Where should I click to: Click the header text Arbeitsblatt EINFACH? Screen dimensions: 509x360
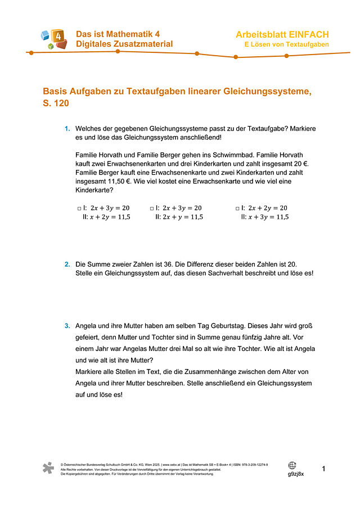[282, 35]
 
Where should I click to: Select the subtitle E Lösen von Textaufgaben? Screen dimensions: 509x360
[286, 44]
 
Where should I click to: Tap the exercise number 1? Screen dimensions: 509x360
[67, 129]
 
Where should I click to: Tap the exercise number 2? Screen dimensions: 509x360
[67, 264]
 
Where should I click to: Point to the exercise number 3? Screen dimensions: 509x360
[67, 325]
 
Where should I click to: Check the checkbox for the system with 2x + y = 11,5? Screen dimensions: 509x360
[152, 208]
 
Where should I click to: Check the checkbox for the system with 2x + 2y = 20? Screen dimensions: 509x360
[237, 208]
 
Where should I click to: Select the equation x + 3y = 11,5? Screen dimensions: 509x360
[268, 217]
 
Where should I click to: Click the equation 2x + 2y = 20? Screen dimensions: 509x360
[268, 208]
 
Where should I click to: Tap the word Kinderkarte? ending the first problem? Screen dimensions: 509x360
[94, 190]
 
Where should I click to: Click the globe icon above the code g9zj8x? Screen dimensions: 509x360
[292, 466]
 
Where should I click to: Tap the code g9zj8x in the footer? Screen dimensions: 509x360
[296, 474]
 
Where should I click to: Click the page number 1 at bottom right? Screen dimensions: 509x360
[323, 469]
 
